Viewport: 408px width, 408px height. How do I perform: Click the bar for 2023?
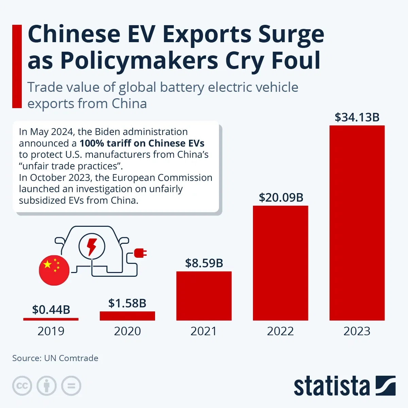(x=357, y=223)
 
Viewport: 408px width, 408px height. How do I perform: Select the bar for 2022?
(x=280, y=263)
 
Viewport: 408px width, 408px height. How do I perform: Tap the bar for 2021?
(x=204, y=296)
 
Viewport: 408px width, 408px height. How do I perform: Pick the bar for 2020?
(x=127, y=316)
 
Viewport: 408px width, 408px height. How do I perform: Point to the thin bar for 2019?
(x=51, y=319)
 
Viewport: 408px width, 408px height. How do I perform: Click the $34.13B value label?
(x=357, y=117)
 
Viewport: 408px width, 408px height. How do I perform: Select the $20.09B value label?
(x=281, y=198)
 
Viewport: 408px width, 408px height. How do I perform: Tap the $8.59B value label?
(x=204, y=263)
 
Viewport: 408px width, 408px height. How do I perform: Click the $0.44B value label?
(x=51, y=309)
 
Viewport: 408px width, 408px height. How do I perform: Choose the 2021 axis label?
(x=204, y=331)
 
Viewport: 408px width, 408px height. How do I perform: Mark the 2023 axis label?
(x=357, y=331)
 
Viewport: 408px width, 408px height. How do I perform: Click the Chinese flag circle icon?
(x=54, y=269)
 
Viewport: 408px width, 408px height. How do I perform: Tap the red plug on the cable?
(x=140, y=253)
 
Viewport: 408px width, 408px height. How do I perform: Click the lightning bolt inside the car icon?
(x=92, y=246)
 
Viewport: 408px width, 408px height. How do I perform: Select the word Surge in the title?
(x=291, y=34)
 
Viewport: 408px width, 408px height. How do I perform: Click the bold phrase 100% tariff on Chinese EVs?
(x=142, y=143)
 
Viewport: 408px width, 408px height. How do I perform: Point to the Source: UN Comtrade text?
(x=55, y=358)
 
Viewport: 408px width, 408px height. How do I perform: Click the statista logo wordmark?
(x=331, y=387)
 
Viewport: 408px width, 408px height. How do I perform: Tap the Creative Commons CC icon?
(x=22, y=386)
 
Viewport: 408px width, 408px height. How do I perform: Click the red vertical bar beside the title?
(x=17, y=66)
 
